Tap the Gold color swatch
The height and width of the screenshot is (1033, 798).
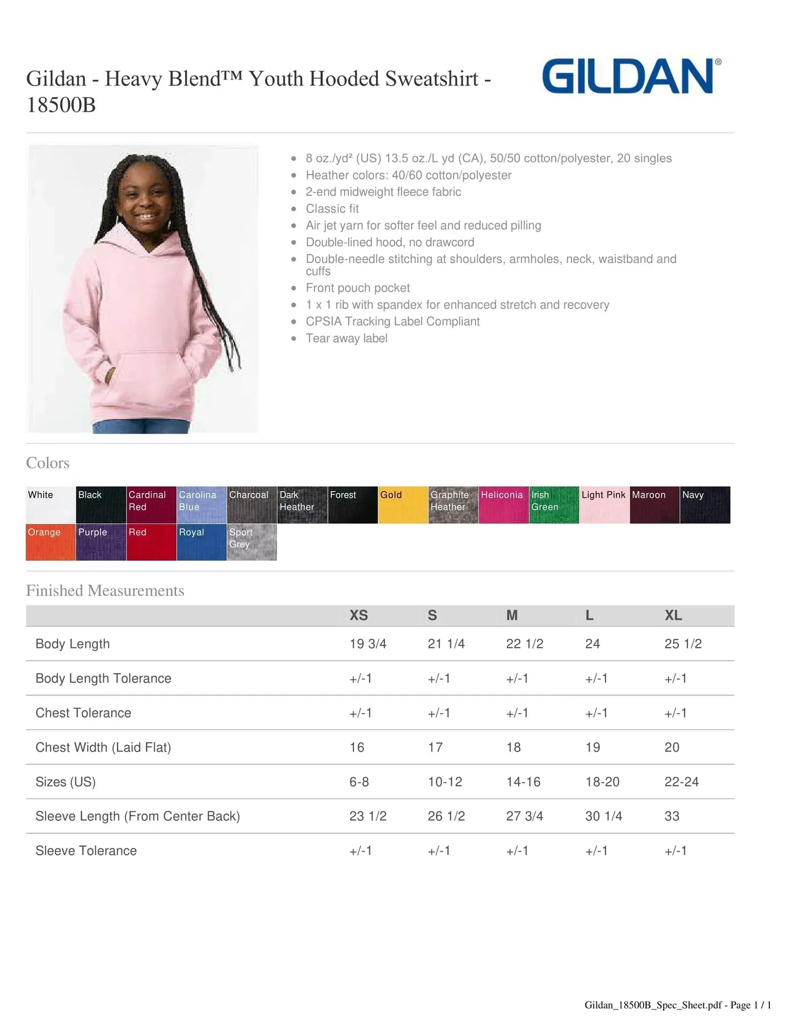[403, 505]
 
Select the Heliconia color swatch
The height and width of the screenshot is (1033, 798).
[503, 505]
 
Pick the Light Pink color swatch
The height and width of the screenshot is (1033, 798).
[604, 505]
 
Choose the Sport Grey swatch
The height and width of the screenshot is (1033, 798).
[252, 542]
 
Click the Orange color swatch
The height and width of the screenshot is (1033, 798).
[50, 542]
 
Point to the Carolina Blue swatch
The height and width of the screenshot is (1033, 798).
[202, 505]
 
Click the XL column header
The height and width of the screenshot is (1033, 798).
[673, 615]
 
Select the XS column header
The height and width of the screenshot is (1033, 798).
[358, 615]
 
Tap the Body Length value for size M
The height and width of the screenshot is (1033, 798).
[525, 644]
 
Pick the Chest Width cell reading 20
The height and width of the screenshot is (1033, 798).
[672, 747]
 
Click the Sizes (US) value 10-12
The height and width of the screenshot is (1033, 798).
[445, 782]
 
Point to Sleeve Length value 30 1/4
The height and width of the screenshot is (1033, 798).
[604, 816]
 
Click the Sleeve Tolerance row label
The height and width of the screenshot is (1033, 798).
[86, 851]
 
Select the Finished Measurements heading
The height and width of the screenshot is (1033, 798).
[105, 591]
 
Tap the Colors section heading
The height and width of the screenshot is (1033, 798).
[47, 463]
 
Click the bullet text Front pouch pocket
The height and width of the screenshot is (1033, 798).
[358, 288]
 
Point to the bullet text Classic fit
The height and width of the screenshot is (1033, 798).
[332, 209]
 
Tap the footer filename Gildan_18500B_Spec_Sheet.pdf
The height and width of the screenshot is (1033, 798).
[653, 1005]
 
